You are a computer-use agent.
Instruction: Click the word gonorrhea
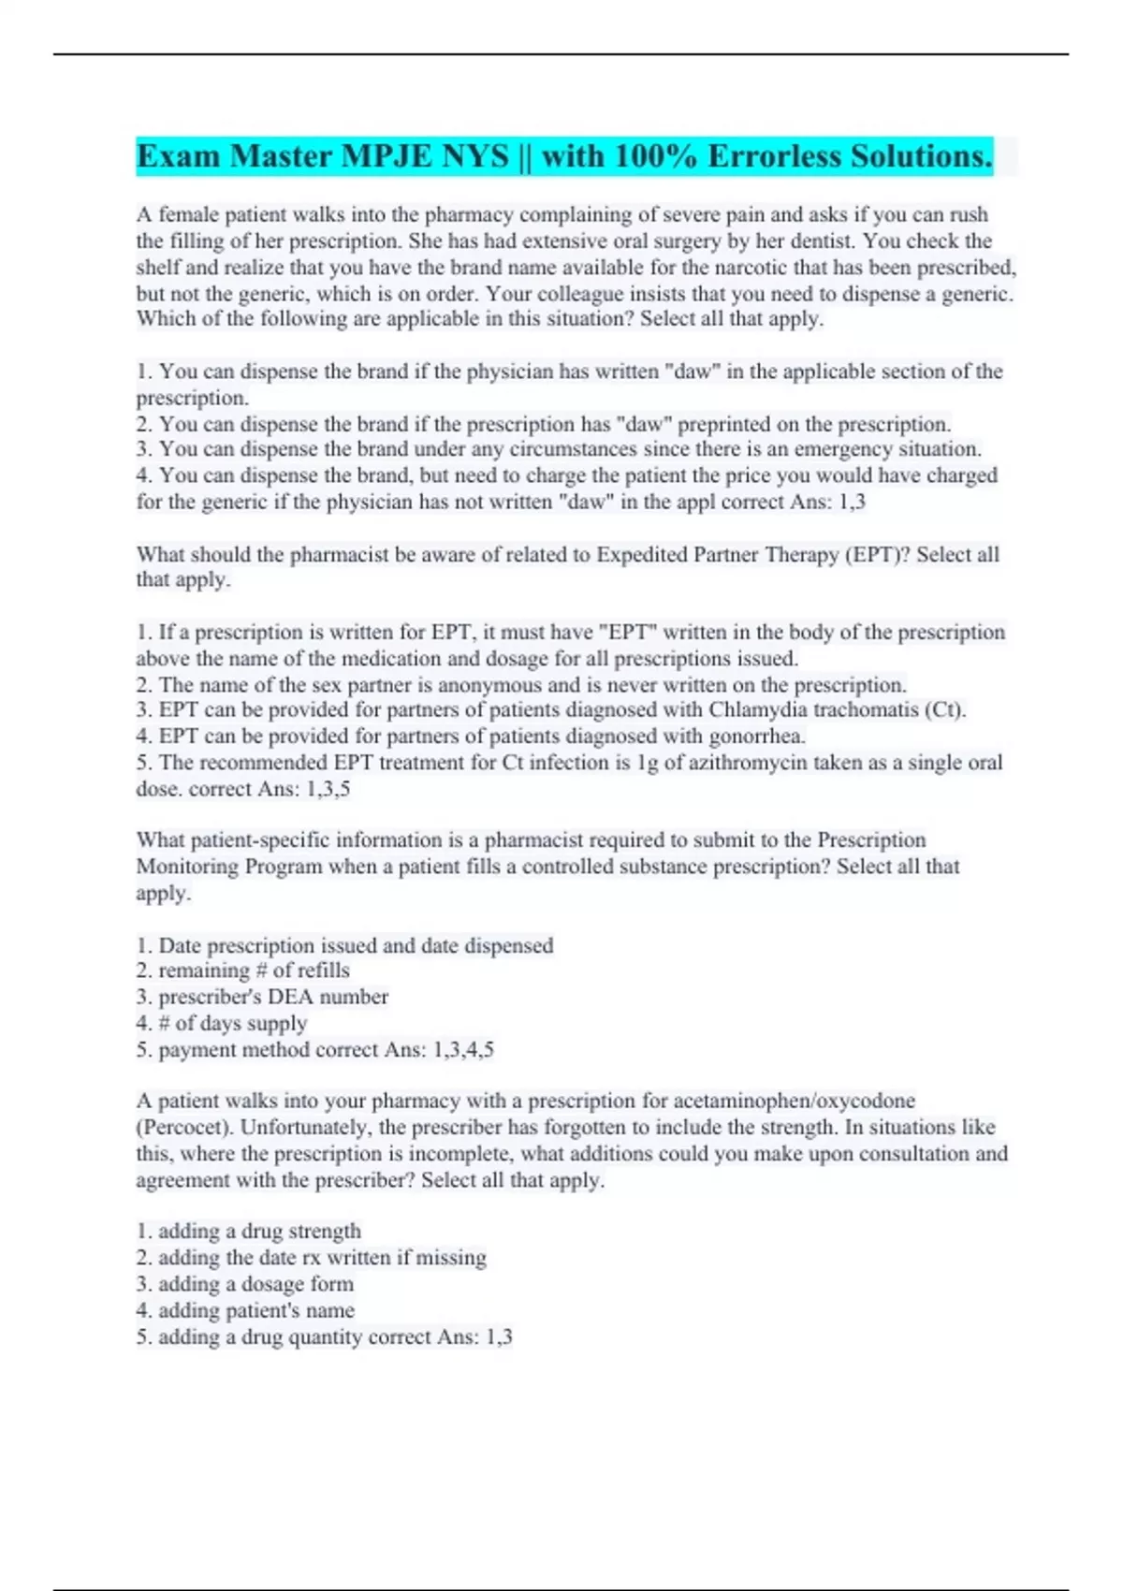point(757,737)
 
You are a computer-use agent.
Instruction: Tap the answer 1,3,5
point(328,789)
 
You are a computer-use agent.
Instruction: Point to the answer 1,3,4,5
point(463,1050)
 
